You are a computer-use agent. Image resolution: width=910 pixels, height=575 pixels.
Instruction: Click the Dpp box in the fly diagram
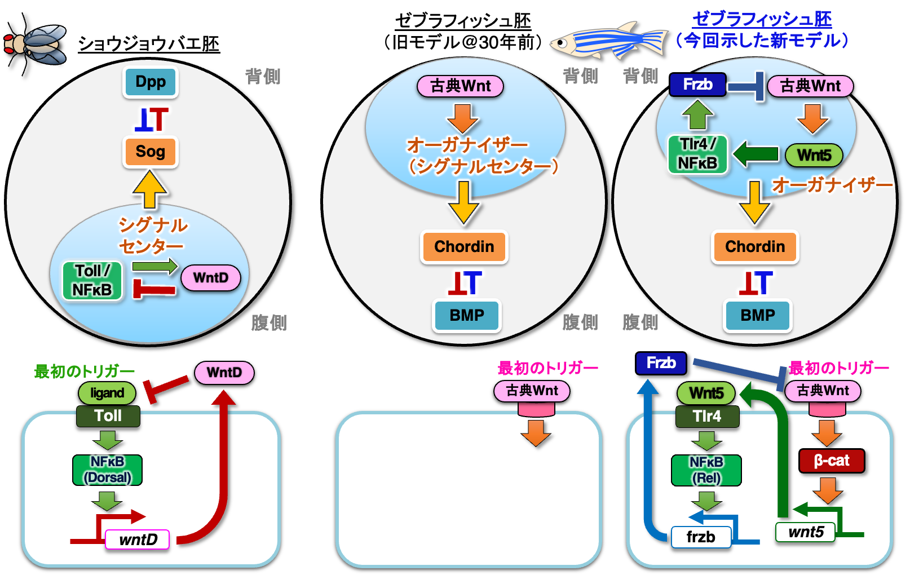[151, 82]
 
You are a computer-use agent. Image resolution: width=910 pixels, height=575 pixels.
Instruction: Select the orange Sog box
[151, 152]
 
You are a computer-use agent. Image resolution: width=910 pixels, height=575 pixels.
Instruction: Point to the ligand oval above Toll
[107, 393]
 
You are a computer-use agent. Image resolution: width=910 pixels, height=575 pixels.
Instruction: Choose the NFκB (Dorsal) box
[107, 470]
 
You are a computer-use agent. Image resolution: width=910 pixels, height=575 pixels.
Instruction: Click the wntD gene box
[138, 539]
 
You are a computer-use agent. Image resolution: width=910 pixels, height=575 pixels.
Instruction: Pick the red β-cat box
[832, 461]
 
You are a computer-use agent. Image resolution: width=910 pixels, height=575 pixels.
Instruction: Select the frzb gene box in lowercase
[701, 537]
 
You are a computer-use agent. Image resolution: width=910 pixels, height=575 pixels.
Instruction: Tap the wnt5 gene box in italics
[806, 532]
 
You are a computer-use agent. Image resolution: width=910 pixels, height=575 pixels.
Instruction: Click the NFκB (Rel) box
[706, 470]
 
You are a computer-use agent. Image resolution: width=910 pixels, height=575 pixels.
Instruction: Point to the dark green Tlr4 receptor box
[707, 417]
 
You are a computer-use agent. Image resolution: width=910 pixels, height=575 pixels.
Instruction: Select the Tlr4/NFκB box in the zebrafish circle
[697, 154]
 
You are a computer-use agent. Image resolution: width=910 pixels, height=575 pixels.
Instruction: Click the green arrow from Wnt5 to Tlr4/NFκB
[756, 154]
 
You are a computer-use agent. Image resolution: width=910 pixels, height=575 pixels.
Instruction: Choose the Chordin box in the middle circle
[464, 247]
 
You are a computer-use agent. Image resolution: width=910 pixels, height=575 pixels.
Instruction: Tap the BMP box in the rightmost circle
[758, 315]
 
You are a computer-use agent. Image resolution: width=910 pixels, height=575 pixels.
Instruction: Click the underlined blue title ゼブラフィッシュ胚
[762, 19]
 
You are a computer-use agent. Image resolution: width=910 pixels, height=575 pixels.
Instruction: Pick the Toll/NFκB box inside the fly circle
[92, 280]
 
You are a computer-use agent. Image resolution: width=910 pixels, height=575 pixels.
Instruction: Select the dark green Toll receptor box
[108, 416]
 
